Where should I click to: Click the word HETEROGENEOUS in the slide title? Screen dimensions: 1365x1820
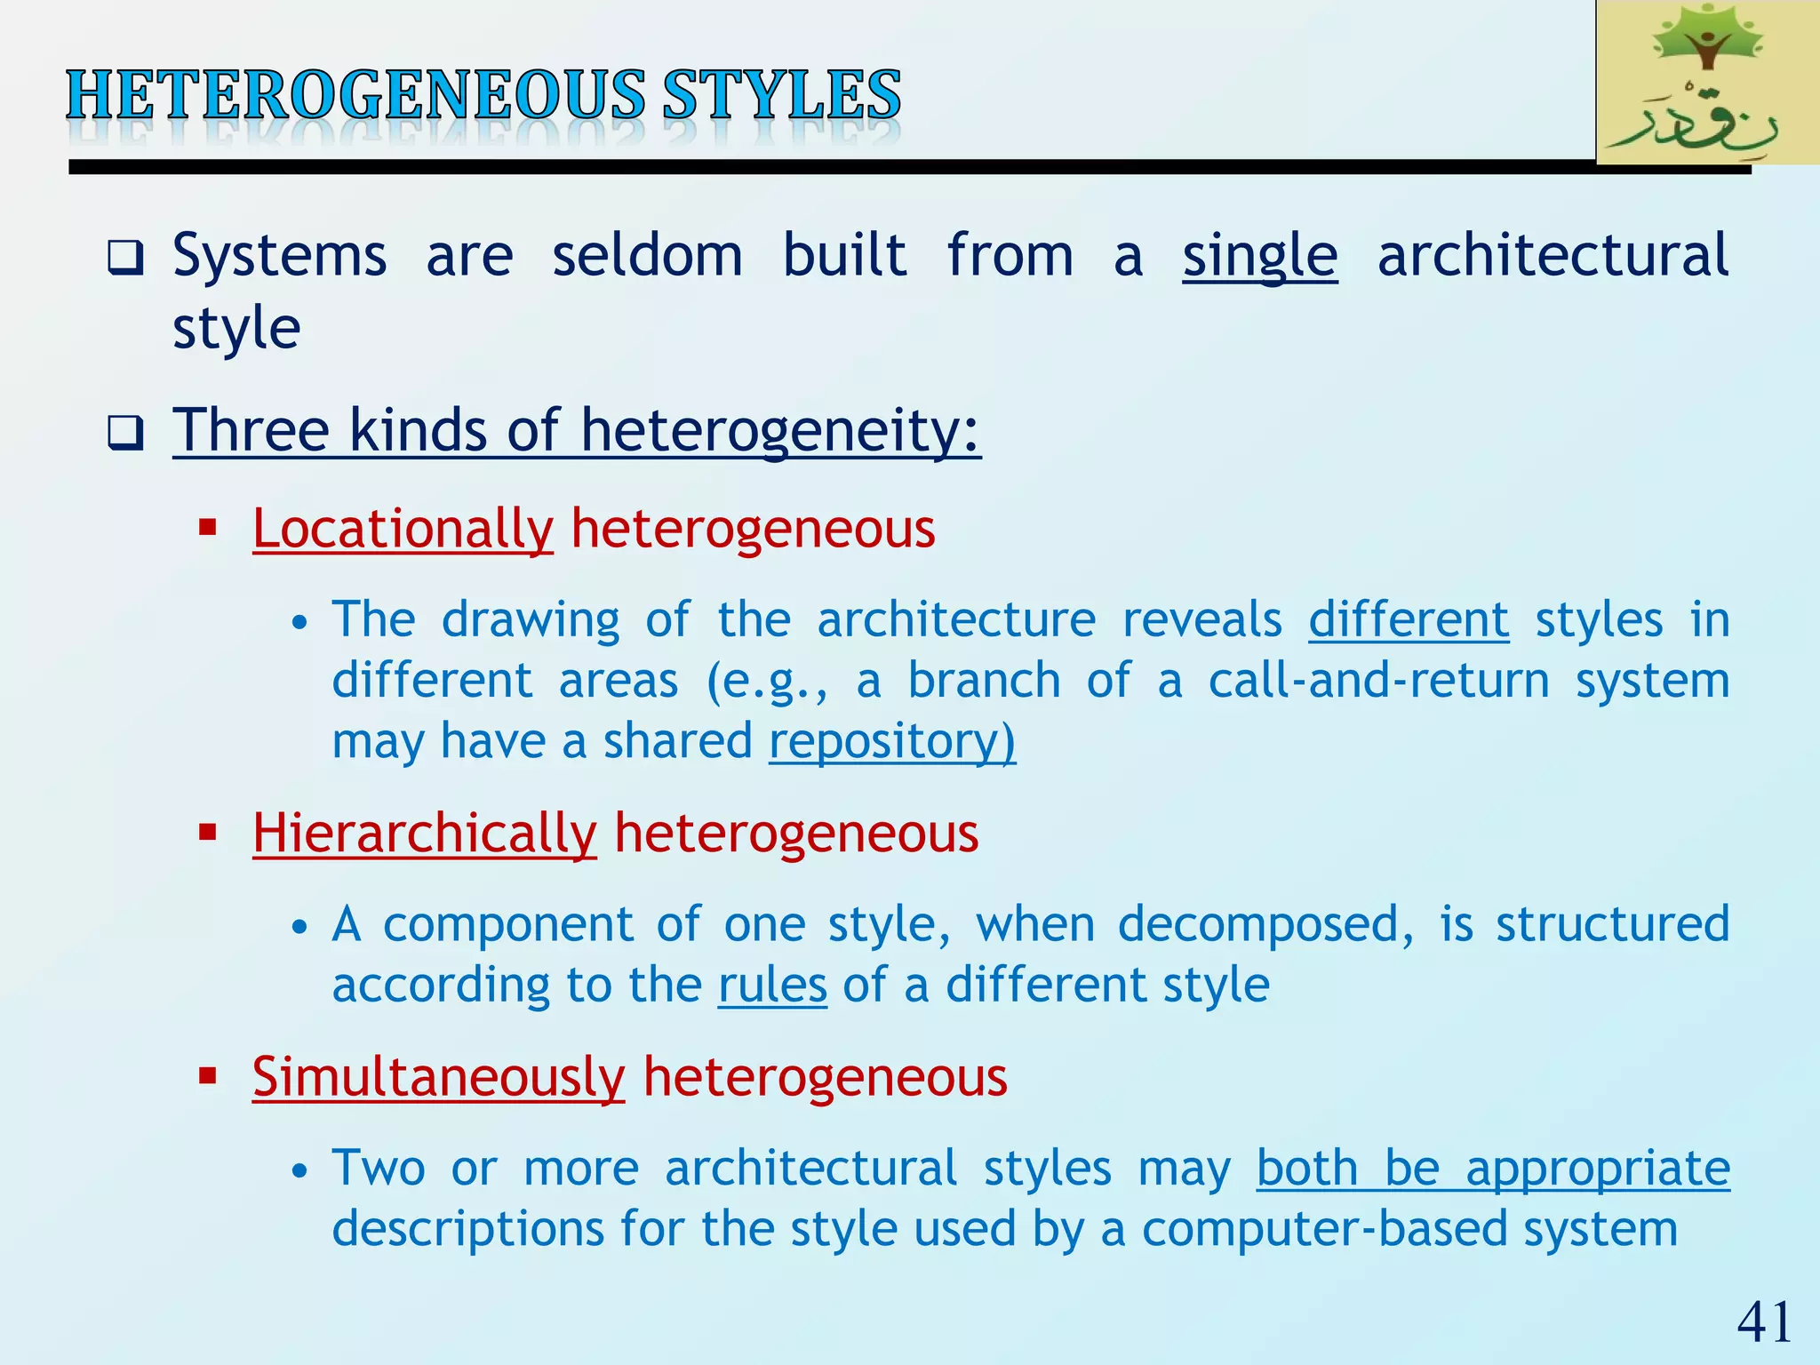click(355, 96)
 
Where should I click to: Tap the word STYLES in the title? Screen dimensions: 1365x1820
click(782, 96)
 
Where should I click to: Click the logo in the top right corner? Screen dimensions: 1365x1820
click(1706, 82)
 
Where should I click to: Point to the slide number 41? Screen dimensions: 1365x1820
click(1764, 1321)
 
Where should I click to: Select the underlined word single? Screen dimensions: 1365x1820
click(1259, 256)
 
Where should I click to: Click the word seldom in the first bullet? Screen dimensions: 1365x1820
click(647, 256)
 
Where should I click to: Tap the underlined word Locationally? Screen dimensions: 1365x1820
click(403, 529)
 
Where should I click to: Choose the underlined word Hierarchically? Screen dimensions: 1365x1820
click(424, 834)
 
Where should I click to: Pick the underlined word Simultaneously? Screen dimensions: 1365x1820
click(438, 1077)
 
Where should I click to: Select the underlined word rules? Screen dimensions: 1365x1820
click(772, 986)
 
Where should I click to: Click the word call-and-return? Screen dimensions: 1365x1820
click(1378, 681)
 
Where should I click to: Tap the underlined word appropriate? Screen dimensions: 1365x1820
click(1598, 1168)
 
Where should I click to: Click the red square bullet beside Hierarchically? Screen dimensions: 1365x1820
click(208, 833)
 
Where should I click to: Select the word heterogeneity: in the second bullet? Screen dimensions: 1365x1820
click(780, 431)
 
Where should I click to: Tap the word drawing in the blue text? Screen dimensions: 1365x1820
click(531, 619)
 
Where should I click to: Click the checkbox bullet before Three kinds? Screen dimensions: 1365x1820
click(125, 433)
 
